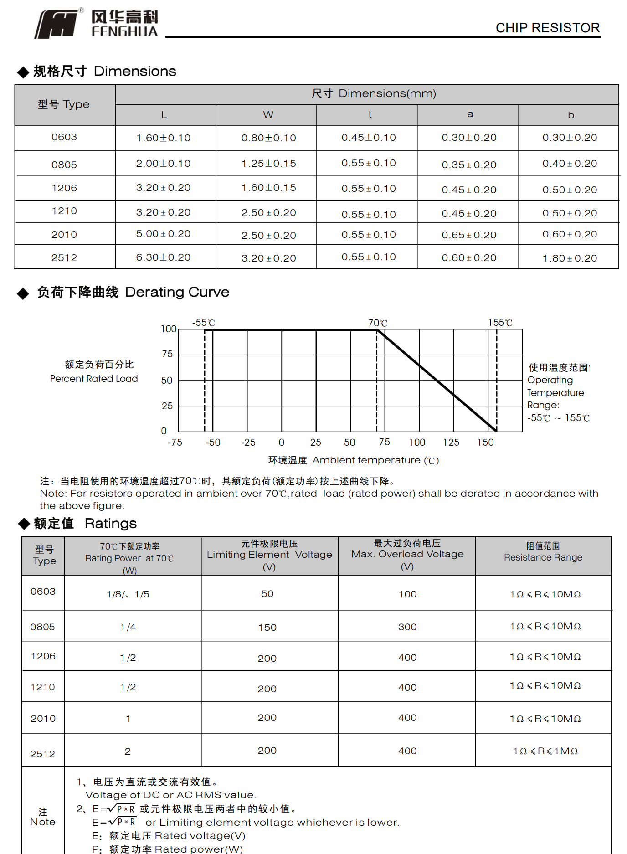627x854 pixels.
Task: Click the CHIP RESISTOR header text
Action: coord(547,28)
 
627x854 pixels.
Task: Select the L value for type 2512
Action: coord(163,257)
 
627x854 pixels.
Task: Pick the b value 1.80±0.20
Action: coord(570,258)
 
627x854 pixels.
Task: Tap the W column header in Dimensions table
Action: coord(268,115)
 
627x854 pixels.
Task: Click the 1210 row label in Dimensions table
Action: coord(64,211)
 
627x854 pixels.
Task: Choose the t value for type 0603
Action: coord(369,138)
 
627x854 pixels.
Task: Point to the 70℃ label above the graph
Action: coord(378,323)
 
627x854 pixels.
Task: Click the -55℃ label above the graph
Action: coord(203,323)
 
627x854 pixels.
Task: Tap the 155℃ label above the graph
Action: coord(500,323)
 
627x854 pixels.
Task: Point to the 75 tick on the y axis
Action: coord(167,354)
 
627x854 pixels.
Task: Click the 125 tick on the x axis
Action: coord(451,442)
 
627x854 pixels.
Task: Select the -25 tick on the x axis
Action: coord(248,442)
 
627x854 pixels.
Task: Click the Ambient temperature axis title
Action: coord(353,460)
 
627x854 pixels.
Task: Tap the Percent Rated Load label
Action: coord(94,379)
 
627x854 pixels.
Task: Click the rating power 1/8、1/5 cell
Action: coord(128,594)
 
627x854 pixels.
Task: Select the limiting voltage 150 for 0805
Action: coord(267,628)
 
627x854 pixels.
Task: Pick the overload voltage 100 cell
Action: coord(407,594)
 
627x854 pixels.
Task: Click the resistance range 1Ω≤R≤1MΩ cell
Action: coord(545,751)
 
